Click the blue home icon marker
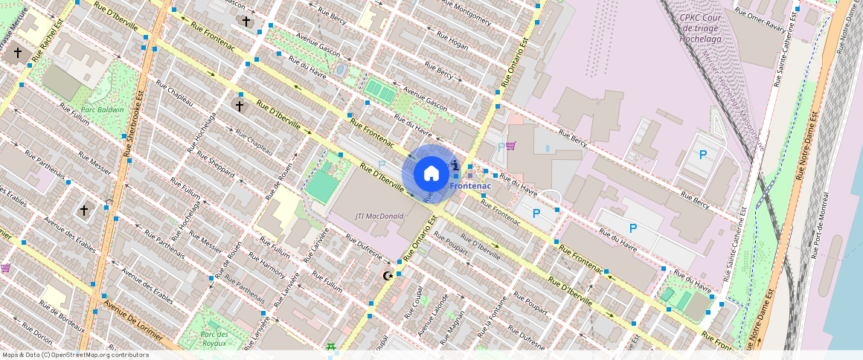tap(431, 173)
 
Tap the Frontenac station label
tap(469, 185)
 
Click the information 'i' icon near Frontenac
tap(455, 165)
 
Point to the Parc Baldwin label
tap(103, 109)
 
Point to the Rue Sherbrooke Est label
tap(135, 123)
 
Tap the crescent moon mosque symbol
tap(386, 276)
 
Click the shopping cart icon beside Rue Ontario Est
tap(510, 146)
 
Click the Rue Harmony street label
tap(269, 266)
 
